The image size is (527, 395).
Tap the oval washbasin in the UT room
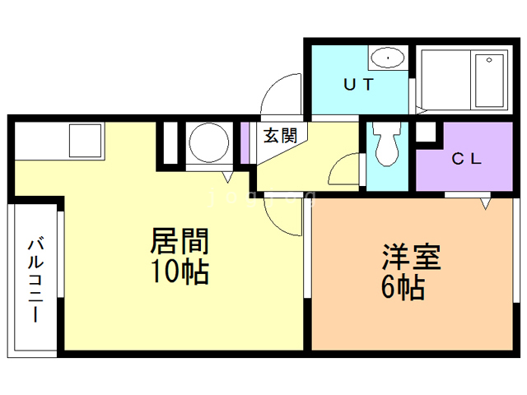pos(386,58)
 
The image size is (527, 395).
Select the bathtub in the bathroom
pos(489,80)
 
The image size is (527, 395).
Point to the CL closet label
pos(465,159)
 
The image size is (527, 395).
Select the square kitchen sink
pos(85,140)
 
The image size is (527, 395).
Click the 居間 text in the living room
pos(179,242)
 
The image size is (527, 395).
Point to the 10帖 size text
pos(179,271)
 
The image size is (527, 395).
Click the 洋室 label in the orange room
pos(412,258)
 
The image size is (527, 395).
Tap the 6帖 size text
pos(403,287)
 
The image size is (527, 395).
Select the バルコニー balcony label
pos(35,280)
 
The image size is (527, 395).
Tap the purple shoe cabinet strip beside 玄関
pos(244,142)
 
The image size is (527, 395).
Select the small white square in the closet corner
pos(425,132)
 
